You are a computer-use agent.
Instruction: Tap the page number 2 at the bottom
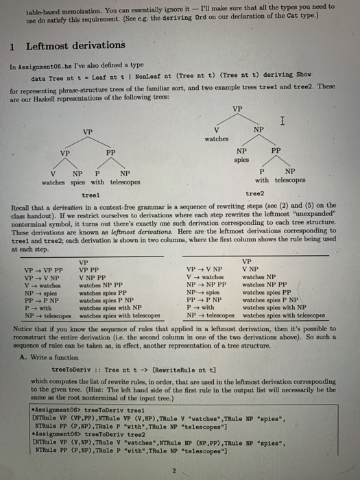176,470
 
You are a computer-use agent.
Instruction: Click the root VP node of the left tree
88,132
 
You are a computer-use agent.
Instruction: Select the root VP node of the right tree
237,108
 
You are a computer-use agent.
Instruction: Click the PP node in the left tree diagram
110,152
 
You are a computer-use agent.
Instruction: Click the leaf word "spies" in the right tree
241,159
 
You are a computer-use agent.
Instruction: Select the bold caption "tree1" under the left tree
91,195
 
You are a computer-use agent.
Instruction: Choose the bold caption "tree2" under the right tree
254,195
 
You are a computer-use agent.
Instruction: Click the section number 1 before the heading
12,46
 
